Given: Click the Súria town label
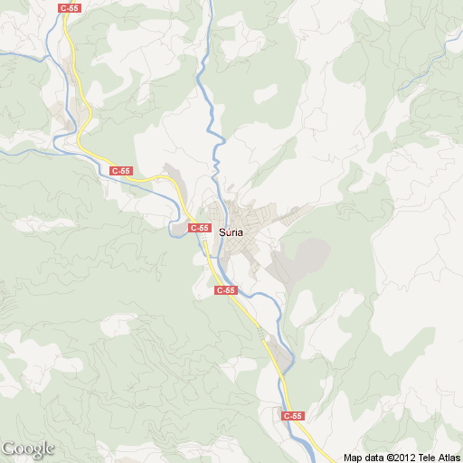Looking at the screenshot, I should tap(231, 231).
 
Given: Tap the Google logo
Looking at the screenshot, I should tap(28, 449).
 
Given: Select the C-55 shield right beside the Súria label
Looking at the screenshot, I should tap(200, 229).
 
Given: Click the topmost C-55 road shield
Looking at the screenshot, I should tap(69, 7).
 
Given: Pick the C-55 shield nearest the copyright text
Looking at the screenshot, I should tap(292, 416).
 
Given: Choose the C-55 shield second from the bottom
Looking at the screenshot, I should tap(226, 290).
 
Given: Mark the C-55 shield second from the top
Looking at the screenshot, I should tap(120, 171).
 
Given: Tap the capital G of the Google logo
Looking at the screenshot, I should tap(8, 448).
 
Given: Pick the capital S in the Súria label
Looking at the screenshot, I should tap(222, 231).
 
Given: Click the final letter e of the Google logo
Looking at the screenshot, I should tap(51, 449).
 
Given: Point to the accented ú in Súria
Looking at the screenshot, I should tap(229, 231).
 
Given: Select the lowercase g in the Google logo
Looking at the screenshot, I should tap(36, 451).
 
